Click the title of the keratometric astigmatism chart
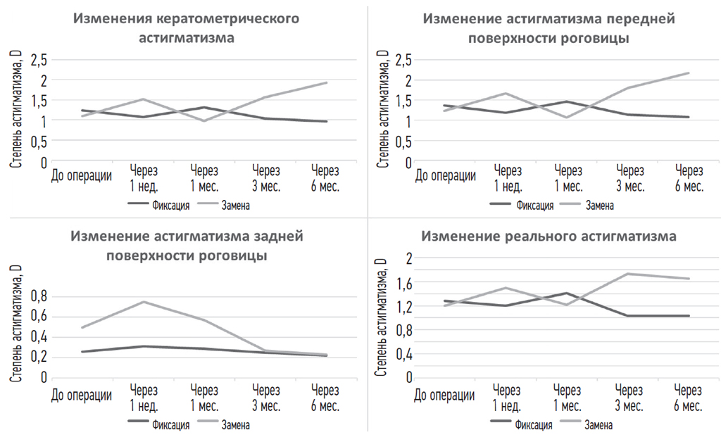(x=187, y=27)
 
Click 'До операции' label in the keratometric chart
(x=82, y=175)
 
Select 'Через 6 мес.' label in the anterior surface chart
(x=689, y=179)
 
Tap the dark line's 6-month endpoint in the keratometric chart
(x=325, y=122)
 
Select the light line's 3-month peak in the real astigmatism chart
(x=628, y=274)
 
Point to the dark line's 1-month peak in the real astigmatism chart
(x=567, y=293)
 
